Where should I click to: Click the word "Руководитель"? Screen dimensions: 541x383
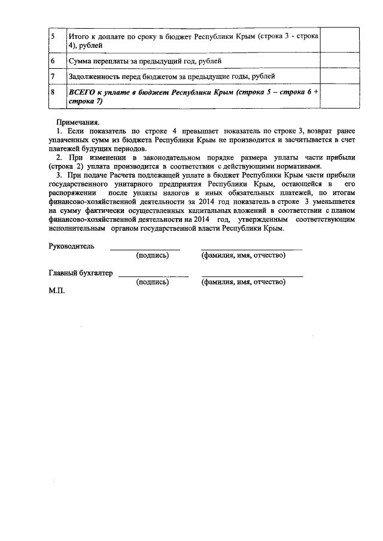(71, 246)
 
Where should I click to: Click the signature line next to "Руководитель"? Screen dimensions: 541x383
(144, 248)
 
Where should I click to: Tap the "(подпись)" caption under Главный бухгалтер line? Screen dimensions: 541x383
(153, 282)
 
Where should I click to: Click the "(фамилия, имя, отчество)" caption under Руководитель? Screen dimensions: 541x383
(243, 256)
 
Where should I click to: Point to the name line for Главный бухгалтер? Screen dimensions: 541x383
(252, 276)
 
